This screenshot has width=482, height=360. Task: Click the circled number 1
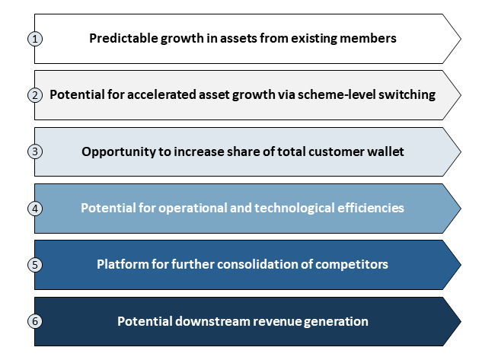click(35, 39)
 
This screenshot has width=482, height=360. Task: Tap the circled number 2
click(35, 95)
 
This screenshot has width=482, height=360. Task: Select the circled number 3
click(35, 151)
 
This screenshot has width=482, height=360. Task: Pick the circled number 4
click(35, 209)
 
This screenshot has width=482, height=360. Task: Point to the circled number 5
click(35, 265)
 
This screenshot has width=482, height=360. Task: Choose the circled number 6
click(35, 321)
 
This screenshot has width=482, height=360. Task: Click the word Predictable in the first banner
click(123, 38)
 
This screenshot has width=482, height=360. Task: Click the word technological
click(294, 209)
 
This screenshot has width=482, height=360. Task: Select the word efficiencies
click(371, 208)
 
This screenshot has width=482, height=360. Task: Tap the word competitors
click(352, 265)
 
